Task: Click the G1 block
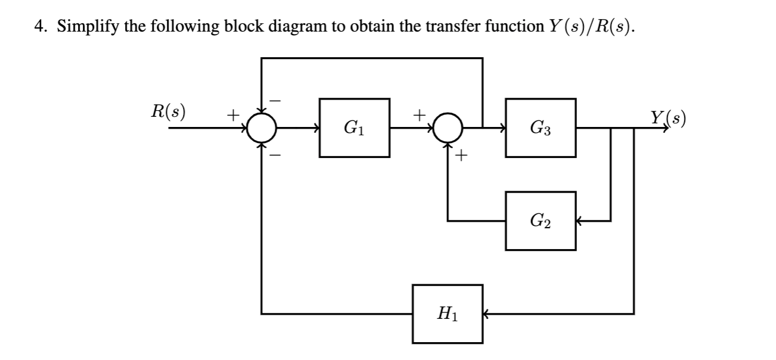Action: click(x=355, y=128)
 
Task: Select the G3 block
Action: click(x=540, y=128)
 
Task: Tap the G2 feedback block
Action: click(x=540, y=221)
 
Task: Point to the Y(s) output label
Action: click(x=668, y=117)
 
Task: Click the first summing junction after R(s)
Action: click(x=262, y=128)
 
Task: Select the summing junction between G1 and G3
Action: click(x=448, y=128)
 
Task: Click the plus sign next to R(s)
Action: click(x=233, y=112)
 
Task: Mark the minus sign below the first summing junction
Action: click(x=276, y=154)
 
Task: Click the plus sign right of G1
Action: click(x=420, y=112)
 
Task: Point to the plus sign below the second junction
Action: click(x=462, y=156)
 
